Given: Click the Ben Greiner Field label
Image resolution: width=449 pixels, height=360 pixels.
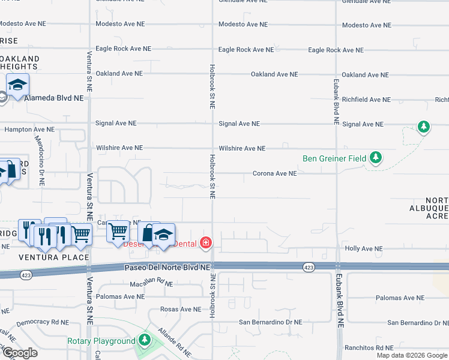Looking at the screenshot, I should click(335, 158).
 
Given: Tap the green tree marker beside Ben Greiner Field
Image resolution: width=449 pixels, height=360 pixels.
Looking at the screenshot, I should click(376, 158).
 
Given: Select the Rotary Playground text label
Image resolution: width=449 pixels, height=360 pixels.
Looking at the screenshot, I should click(101, 341).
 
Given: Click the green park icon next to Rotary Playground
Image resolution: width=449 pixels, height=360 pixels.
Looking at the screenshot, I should click(143, 340).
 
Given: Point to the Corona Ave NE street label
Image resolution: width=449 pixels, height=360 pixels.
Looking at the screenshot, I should click(274, 173).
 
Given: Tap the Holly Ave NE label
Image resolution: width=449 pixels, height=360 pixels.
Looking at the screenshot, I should click(364, 248).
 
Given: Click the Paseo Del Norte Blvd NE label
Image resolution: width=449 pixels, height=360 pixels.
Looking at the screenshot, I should click(167, 267).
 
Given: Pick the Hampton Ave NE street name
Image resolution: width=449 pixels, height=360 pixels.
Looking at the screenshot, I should click(29, 129).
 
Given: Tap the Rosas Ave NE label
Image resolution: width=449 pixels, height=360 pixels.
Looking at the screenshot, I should click(181, 310).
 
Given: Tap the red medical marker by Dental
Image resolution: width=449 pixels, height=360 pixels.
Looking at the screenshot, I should click(206, 243).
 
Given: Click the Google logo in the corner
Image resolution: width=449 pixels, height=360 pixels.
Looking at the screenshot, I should click(19, 353).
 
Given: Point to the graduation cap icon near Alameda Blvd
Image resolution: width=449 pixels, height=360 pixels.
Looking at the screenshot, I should click(18, 85).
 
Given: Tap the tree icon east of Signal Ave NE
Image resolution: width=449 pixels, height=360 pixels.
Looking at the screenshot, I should click(424, 127).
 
